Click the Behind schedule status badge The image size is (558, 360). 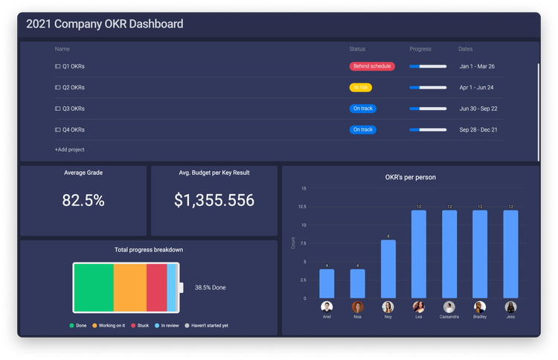tap(372, 66)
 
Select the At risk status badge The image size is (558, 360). tap(360, 87)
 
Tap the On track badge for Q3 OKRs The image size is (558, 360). tap(363, 109)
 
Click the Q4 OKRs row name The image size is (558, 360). tap(73, 129)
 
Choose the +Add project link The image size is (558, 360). tap(69, 150)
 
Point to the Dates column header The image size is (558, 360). tap(465, 49)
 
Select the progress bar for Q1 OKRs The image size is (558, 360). tap(428, 66)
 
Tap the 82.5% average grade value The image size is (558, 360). tap(83, 200)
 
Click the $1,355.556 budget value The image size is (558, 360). tap(214, 200)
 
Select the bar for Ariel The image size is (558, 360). tap(327, 283)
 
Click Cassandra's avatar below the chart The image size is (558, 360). tap(449, 306)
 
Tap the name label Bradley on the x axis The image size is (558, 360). tap(480, 315)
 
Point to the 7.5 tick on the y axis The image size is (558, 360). tap(302, 243)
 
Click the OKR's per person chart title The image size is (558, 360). tap(410, 177)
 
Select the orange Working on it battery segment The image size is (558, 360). tap(129, 287)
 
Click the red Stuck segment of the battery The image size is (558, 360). tap(156, 287)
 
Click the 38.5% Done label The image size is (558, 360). tap(211, 287)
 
